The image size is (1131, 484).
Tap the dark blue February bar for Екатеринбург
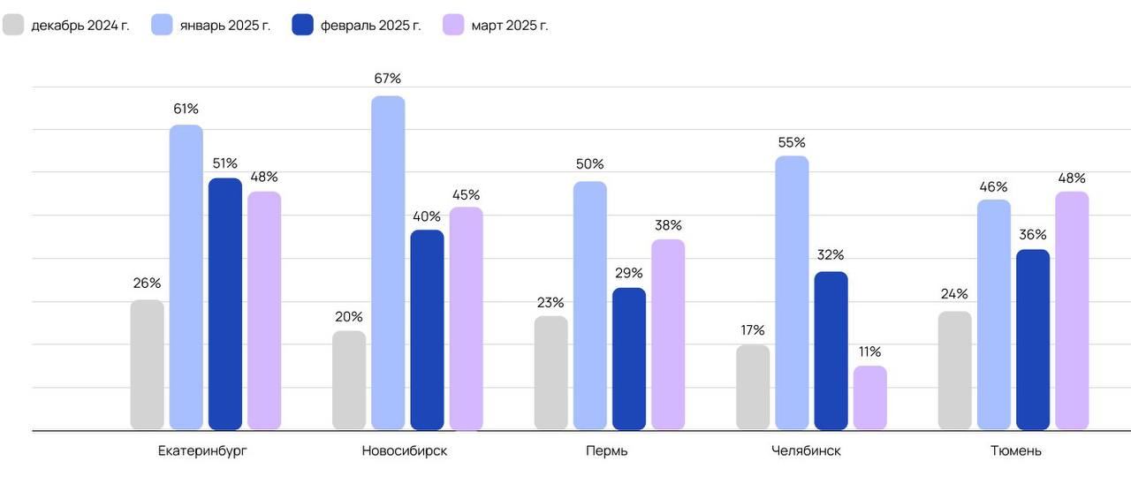coord(225,304)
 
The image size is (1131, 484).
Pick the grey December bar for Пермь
coord(551,373)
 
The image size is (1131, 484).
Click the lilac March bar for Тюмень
coord(1072,310)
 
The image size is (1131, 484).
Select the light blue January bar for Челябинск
coord(792,292)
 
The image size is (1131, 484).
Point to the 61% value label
coord(186,109)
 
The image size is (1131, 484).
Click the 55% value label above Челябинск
coord(792,142)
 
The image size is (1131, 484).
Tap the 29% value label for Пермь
coord(628,273)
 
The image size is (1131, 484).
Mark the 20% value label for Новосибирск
coord(349,316)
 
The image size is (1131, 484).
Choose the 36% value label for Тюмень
coord(1033,235)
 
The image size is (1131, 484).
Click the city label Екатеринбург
coord(202,450)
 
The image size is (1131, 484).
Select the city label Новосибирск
coord(404,450)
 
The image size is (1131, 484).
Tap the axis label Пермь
coord(607,450)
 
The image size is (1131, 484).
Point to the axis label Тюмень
coord(1015,450)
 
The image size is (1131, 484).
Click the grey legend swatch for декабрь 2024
coord(13,25)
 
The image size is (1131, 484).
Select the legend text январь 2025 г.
coord(224,25)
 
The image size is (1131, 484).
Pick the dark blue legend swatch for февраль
coord(302,25)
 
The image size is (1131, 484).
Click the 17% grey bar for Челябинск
coord(753,387)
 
